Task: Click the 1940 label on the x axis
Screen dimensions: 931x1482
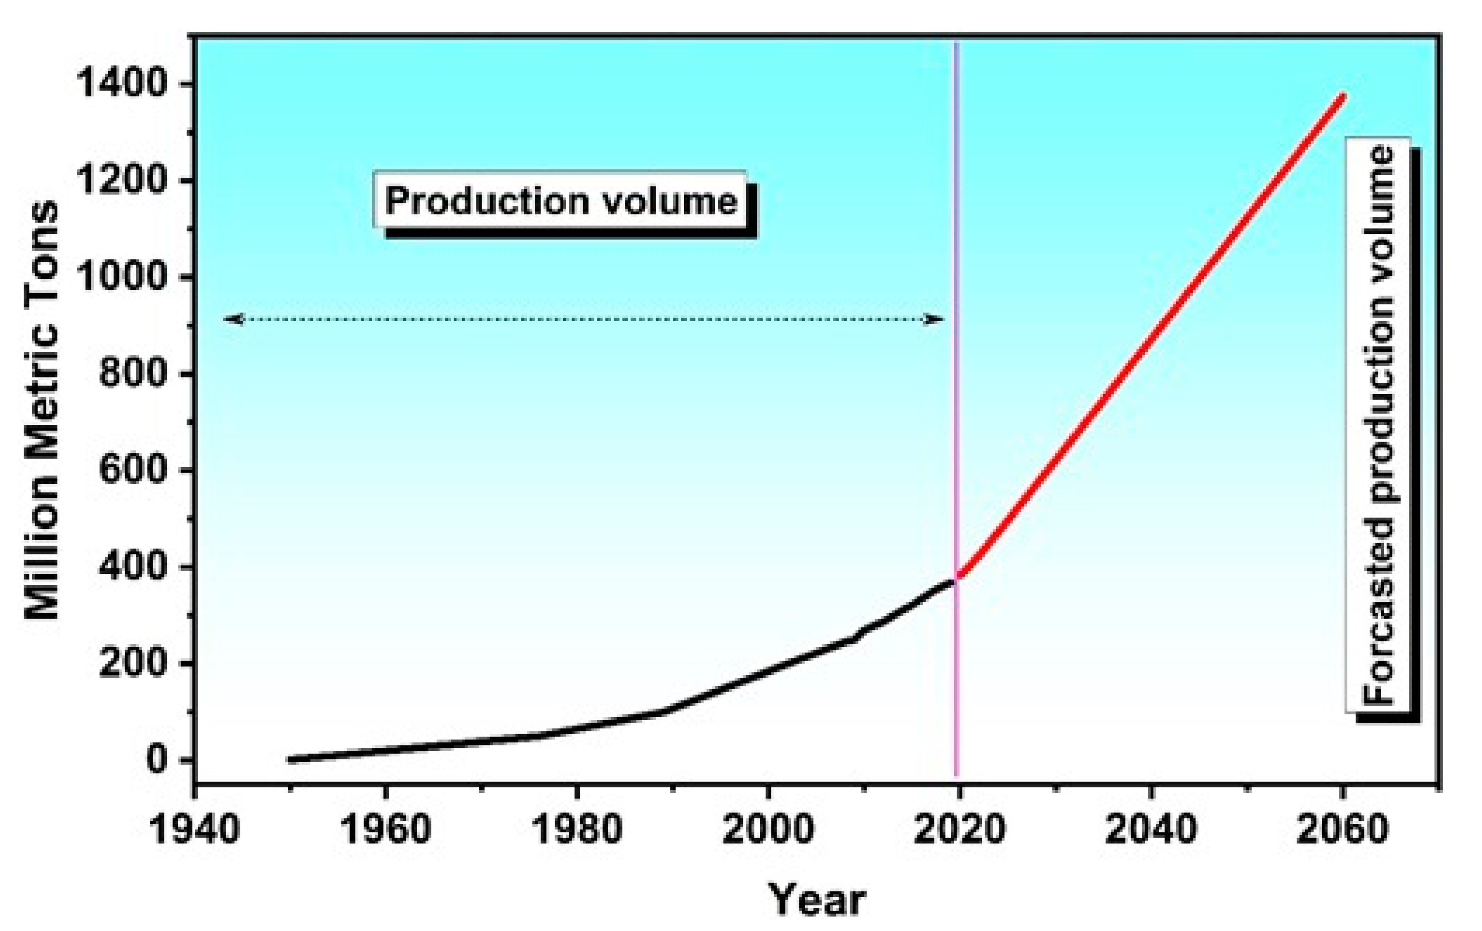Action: tap(194, 830)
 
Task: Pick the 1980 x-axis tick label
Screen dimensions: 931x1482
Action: tap(576, 830)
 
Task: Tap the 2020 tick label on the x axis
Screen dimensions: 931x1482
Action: tap(959, 830)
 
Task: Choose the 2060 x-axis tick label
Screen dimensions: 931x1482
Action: tap(1342, 830)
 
